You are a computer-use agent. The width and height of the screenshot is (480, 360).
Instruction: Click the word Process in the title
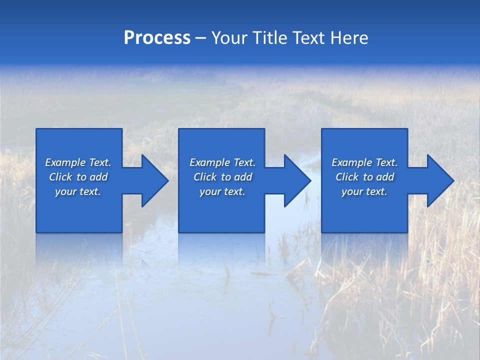[x=157, y=38]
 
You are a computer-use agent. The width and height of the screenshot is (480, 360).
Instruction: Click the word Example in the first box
[x=65, y=162]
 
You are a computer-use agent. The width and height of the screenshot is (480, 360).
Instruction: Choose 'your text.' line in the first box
[x=78, y=191]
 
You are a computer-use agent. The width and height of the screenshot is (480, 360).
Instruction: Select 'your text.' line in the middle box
[x=222, y=191]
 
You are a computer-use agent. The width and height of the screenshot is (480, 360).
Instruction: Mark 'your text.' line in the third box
[x=364, y=191]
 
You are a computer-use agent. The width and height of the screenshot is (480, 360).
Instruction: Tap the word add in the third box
[x=385, y=177]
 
